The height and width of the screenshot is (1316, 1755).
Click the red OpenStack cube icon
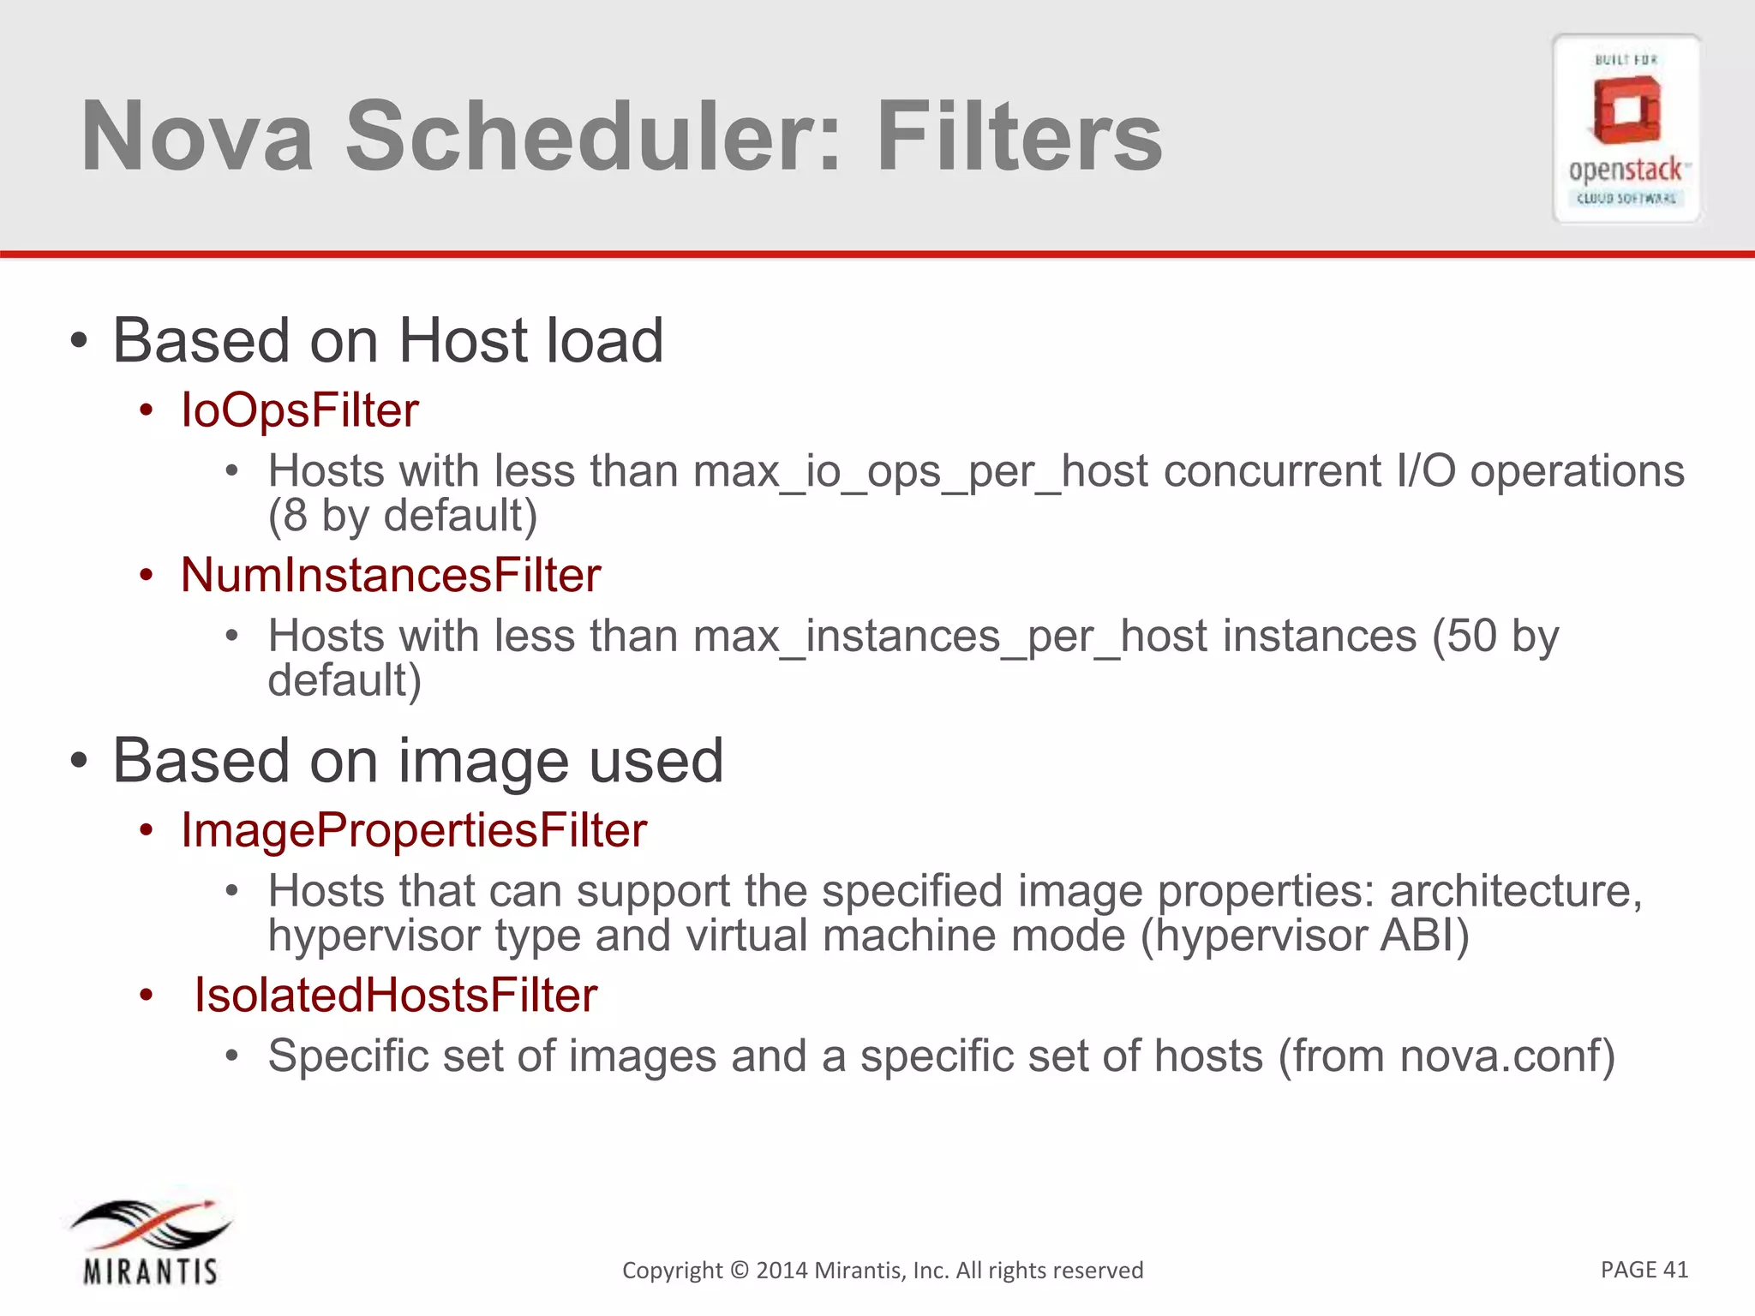1626,111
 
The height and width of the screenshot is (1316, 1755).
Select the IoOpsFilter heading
299,410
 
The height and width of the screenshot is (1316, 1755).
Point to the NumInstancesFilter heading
390,575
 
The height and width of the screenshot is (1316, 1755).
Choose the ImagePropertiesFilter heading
413,830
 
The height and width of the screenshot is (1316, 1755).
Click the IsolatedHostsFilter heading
395,996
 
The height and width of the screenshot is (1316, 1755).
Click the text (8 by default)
403,517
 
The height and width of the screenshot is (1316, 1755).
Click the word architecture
1515,892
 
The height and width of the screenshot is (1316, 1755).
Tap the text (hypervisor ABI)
1304,936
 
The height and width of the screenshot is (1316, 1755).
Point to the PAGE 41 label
1644,1269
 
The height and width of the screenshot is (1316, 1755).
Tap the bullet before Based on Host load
79,342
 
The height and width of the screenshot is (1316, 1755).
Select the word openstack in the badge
1625,170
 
